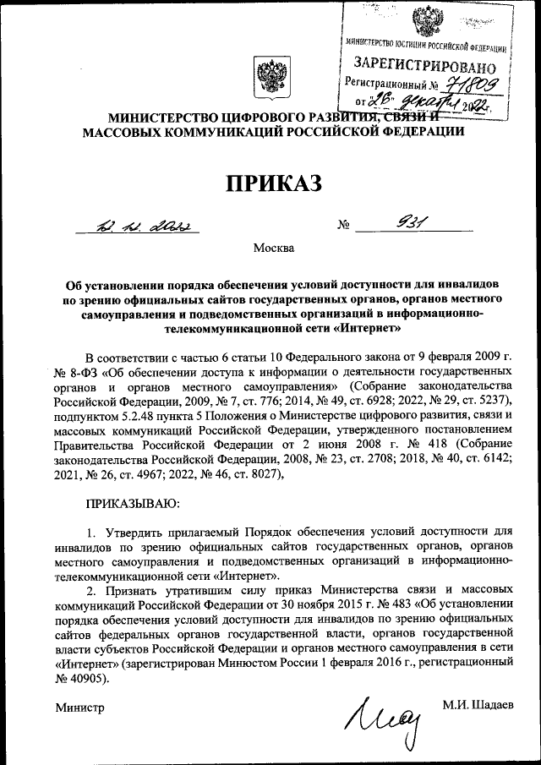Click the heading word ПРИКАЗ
pyautogui.click(x=270, y=181)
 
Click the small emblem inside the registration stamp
pyautogui.click(x=421, y=23)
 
